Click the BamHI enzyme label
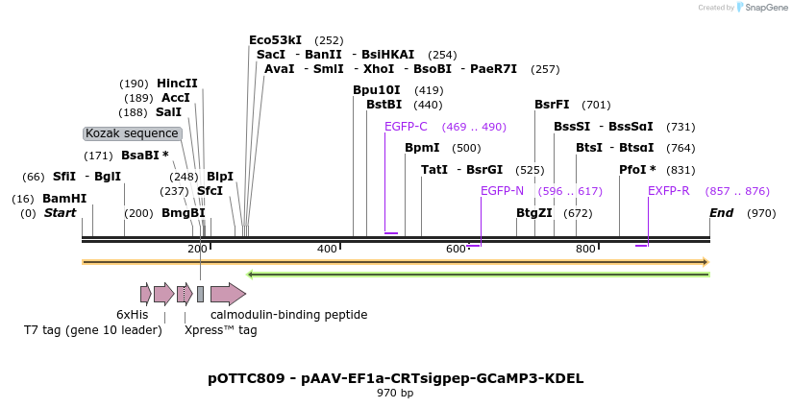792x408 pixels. tap(64, 199)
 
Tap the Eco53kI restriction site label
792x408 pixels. tap(275, 40)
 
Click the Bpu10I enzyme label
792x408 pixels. tap(377, 90)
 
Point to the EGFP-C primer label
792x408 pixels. tap(406, 127)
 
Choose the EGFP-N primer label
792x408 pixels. tap(502, 191)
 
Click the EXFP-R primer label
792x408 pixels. tap(668, 191)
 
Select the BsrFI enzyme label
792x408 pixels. tap(552, 105)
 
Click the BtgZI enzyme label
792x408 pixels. tap(534, 213)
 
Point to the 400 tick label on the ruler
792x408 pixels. tap(327, 250)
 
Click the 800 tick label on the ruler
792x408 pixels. tap(585, 250)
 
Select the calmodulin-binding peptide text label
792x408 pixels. tap(288, 314)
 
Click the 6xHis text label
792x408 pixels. tap(133, 314)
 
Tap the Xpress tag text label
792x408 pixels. tap(220, 330)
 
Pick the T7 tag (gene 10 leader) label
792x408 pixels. tap(92, 330)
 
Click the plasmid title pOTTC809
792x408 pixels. tap(395, 378)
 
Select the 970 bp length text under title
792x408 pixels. tap(395, 394)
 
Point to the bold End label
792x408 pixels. tap(721, 213)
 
